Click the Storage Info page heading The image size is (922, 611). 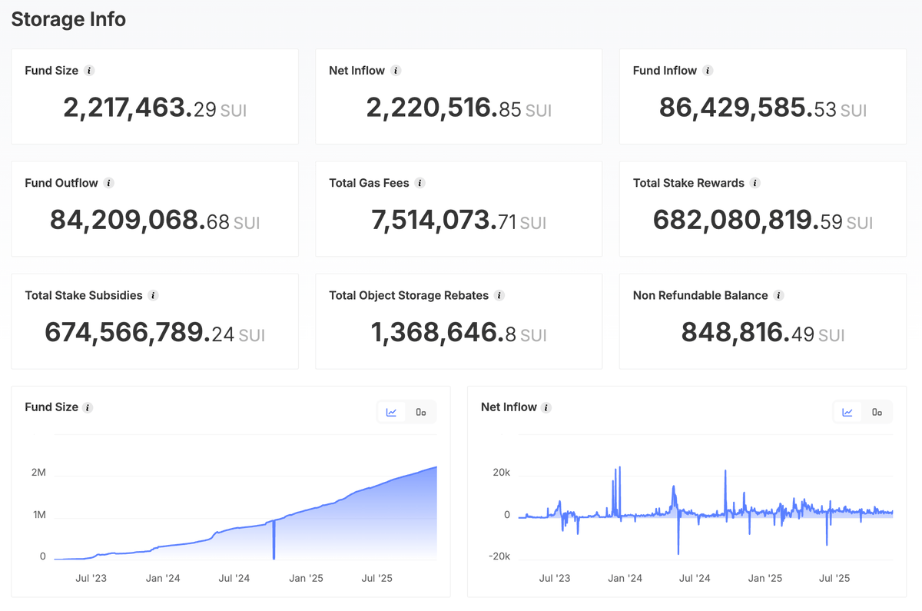(68, 19)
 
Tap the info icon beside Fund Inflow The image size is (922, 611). (708, 71)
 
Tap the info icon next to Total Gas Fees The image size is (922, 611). (420, 183)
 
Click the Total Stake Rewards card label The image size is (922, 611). (688, 183)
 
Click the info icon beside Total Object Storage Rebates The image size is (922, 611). (499, 295)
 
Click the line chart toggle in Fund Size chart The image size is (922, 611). (391, 412)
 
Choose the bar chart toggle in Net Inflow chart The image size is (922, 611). (877, 412)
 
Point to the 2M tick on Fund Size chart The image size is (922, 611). (38, 472)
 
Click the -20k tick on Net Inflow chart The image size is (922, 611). (499, 556)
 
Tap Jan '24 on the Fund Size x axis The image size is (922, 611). (163, 578)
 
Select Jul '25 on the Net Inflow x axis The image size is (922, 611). (834, 578)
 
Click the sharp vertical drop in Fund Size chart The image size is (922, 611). (274, 540)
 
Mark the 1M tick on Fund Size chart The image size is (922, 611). (39, 515)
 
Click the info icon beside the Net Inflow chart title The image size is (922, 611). (546, 407)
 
